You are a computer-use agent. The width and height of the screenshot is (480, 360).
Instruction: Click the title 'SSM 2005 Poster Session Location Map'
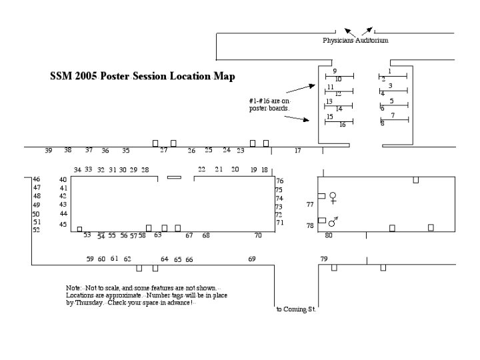pyautogui.click(x=143, y=77)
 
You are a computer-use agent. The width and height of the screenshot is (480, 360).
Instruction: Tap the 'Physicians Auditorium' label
pyautogui.click(x=355, y=41)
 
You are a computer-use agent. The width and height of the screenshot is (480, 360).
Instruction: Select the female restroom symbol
pyautogui.click(x=333, y=197)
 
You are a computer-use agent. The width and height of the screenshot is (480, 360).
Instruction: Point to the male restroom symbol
pyautogui.click(x=333, y=221)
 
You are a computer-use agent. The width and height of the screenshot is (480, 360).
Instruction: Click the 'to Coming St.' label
pyautogui.click(x=296, y=309)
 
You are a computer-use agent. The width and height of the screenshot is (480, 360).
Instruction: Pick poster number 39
pyautogui.click(x=48, y=151)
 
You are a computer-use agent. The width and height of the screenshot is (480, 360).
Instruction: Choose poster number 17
pyautogui.click(x=297, y=151)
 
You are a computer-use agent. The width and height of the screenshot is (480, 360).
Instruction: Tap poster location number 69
pyautogui.click(x=252, y=259)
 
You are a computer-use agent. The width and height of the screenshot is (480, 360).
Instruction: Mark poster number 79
pyautogui.click(x=324, y=259)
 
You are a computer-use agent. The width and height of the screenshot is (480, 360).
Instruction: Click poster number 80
pyautogui.click(x=329, y=235)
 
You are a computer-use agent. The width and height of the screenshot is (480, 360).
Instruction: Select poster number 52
pyautogui.click(x=37, y=230)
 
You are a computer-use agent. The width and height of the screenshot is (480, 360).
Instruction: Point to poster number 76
pyautogui.click(x=280, y=181)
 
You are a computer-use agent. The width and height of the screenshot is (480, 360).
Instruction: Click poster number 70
pyautogui.click(x=258, y=235)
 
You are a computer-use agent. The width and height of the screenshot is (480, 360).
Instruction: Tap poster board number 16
pyautogui.click(x=342, y=125)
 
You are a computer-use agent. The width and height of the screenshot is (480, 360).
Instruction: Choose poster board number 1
pyautogui.click(x=389, y=71)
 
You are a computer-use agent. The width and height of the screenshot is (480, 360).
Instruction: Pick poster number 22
pyautogui.click(x=201, y=169)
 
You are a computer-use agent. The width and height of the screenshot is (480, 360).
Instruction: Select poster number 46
pyautogui.click(x=37, y=179)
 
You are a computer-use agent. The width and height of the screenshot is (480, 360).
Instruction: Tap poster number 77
pyautogui.click(x=310, y=205)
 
